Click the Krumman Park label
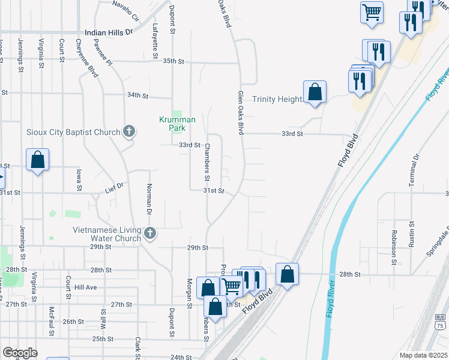click(x=177, y=123)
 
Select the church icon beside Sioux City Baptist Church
click(x=128, y=131)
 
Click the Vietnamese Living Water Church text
click(x=107, y=234)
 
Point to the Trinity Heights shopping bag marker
click(x=315, y=92)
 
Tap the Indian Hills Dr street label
click(x=108, y=32)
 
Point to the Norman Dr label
click(x=148, y=199)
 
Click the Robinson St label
click(x=394, y=247)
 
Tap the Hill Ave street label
click(x=85, y=287)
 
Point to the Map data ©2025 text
click(x=423, y=356)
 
